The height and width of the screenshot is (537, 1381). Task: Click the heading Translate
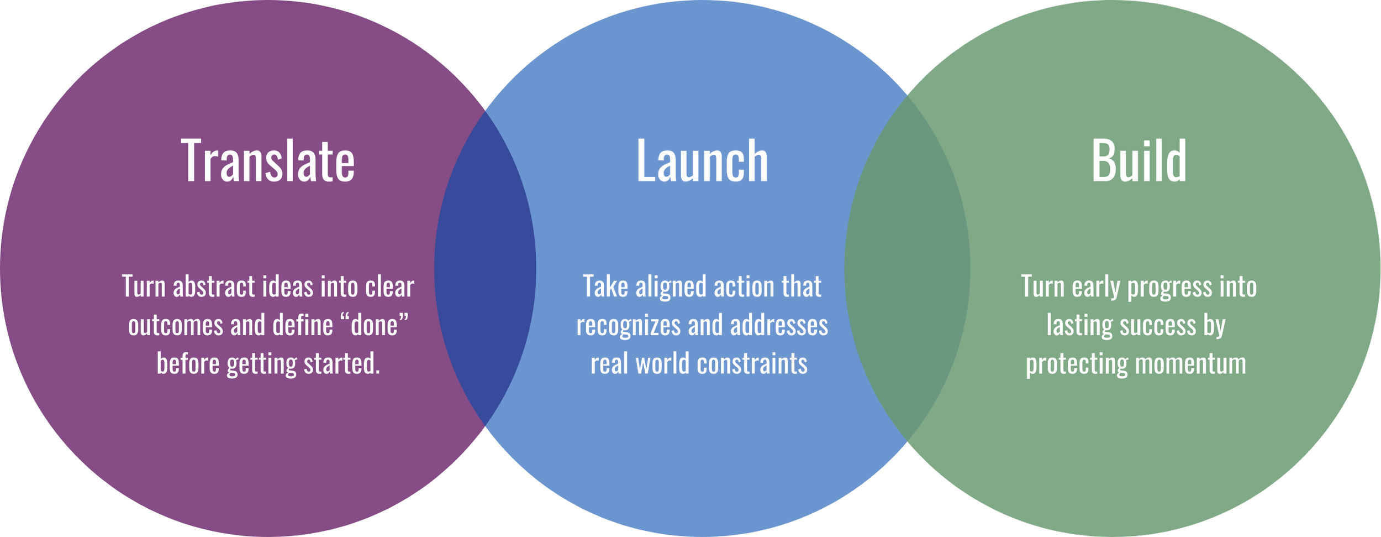268,161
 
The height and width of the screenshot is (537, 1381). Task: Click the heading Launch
702,161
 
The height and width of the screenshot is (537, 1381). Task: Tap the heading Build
1138,161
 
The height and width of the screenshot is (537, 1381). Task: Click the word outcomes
176,325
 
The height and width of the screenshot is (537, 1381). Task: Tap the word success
1157,325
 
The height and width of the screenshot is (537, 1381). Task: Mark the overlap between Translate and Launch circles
485,268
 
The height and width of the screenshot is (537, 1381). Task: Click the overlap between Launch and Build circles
907,268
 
